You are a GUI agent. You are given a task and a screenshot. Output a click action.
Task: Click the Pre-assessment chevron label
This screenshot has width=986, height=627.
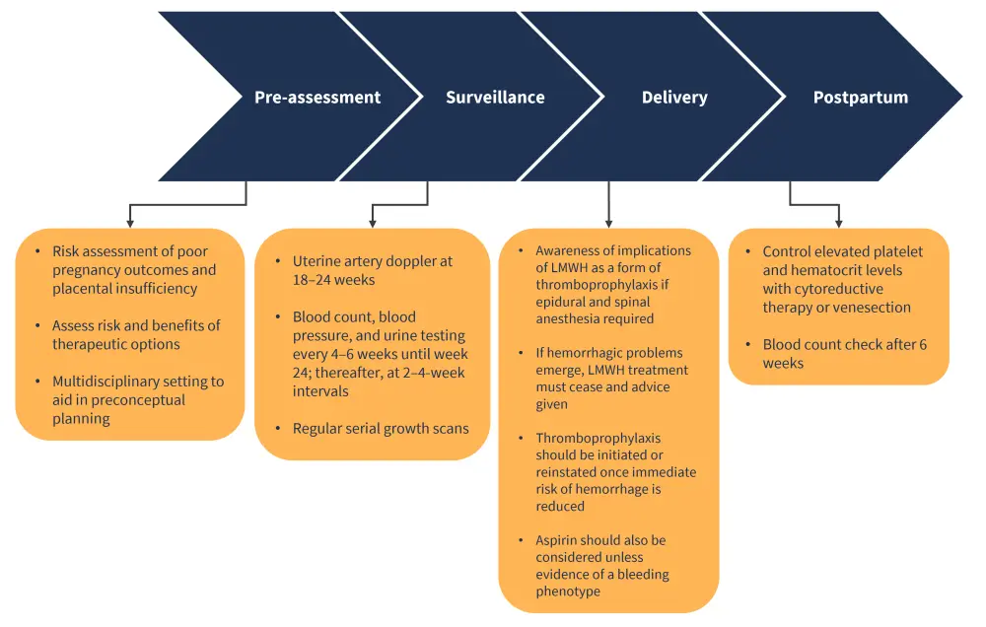click(x=317, y=98)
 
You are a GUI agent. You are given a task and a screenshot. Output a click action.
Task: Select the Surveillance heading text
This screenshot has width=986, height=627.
click(x=495, y=98)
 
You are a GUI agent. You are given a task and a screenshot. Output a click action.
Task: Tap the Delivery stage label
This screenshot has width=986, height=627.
click(x=674, y=98)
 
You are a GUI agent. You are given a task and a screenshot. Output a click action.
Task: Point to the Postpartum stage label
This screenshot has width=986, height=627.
click(x=861, y=98)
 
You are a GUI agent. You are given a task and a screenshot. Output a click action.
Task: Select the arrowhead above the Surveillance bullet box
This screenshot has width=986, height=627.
click(x=372, y=223)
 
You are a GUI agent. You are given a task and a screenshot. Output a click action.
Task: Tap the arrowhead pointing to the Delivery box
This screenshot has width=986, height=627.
click(x=608, y=223)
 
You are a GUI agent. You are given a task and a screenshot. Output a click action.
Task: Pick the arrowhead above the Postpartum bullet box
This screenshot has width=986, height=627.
click(x=839, y=223)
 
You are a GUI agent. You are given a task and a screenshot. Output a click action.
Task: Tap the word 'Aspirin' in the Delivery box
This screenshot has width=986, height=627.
click(x=559, y=540)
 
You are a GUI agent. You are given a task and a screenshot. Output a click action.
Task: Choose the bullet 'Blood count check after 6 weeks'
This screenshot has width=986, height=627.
click(x=844, y=354)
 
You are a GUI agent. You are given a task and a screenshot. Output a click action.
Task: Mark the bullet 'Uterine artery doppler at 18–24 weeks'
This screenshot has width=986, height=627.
click(x=372, y=271)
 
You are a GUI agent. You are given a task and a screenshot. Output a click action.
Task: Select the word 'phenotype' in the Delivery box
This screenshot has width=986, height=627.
click(x=568, y=592)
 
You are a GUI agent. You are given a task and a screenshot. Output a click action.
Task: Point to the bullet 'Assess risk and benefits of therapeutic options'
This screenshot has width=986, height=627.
click(x=136, y=334)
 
